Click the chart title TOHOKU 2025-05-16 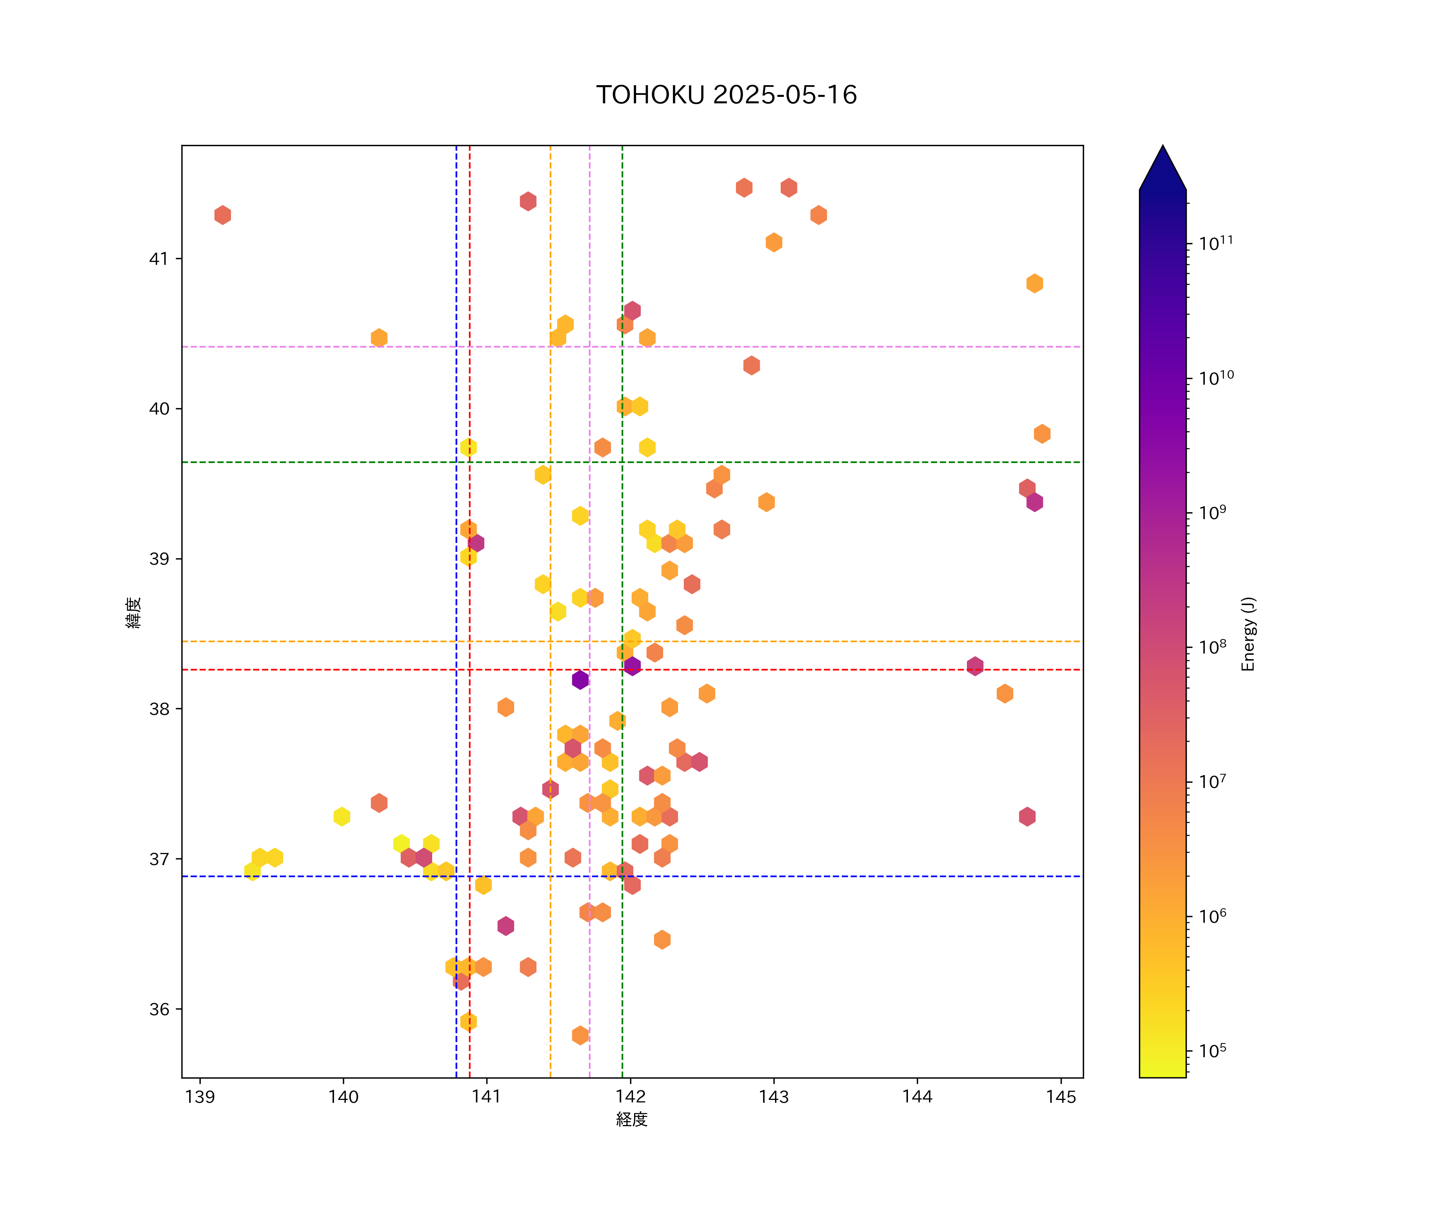(x=726, y=95)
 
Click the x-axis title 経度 (x=631, y=1119)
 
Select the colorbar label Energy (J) (x=1248, y=634)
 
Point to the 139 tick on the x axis (x=200, y=1097)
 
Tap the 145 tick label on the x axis (x=1061, y=1097)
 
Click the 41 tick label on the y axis (x=159, y=259)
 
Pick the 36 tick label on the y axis (x=159, y=1009)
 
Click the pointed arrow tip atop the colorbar (x=1162, y=147)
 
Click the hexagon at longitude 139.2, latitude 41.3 (x=222, y=215)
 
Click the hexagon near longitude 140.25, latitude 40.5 (x=379, y=338)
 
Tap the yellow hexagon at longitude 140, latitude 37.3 (x=341, y=817)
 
